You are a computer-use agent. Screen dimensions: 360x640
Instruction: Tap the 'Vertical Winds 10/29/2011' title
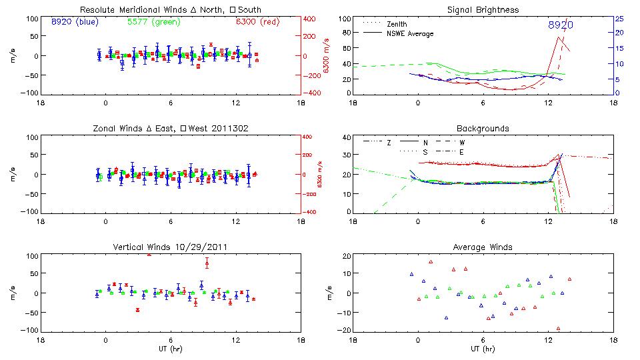171,247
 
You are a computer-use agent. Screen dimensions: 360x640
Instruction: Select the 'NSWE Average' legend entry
410,33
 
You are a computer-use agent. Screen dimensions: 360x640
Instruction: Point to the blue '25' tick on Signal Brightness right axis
619,19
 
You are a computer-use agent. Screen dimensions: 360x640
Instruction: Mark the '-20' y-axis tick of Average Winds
344,329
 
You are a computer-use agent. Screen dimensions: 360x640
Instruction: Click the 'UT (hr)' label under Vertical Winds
171,349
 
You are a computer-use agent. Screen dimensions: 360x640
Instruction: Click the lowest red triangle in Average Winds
558,328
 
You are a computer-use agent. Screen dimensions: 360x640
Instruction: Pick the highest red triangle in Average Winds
431,261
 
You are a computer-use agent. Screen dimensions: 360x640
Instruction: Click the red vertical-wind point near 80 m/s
207,263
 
